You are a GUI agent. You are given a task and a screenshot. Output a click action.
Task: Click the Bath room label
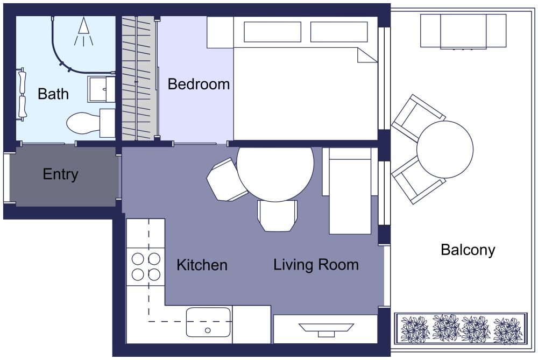click(53, 94)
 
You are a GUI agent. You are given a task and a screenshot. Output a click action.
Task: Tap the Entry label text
click(60, 174)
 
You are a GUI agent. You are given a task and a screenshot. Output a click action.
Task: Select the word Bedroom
click(199, 84)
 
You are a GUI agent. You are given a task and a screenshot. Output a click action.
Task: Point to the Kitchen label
click(202, 265)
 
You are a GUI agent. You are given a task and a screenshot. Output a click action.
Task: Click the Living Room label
click(316, 265)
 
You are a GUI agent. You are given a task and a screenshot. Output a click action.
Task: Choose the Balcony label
click(468, 250)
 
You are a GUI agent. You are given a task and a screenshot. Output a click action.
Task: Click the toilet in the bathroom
click(83, 123)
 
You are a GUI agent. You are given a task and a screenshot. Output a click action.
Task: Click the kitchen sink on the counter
click(208, 322)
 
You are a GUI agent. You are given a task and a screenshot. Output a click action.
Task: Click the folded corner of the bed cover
click(367, 55)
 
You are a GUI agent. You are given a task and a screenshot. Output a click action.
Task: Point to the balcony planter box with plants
click(461, 328)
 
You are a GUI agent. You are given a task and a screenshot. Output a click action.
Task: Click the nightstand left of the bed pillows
click(220, 32)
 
